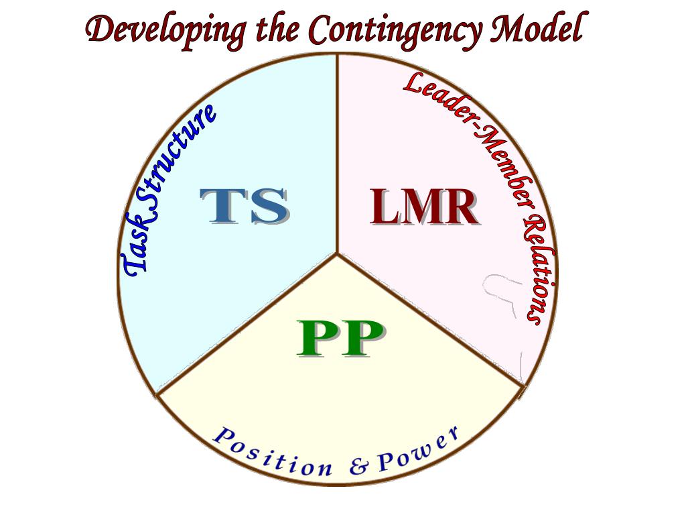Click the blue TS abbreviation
pyautogui.click(x=245, y=206)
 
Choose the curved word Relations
pyautogui.click(x=540, y=268)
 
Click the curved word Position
pyautogui.click(x=271, y=453)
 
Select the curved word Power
pyautogui.click(x=419, y=449)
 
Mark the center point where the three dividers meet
pyautogui.click(x=337, y=253)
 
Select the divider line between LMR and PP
pyautogui.click(x=429, y=320)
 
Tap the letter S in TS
pyautogui.click(x=268, y=206)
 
